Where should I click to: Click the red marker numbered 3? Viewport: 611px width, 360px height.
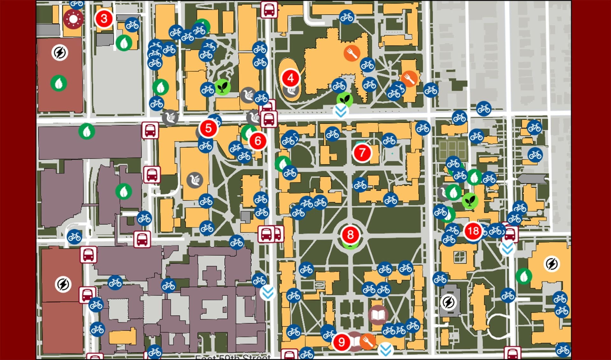[104, 19]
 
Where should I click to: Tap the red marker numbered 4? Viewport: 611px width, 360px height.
[290, 78]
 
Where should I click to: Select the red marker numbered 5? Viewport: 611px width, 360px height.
[208, 128]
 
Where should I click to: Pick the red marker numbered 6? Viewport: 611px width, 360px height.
[258, 141]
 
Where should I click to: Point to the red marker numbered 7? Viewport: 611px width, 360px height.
[362, 153]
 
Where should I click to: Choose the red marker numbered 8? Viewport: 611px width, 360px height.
[350, 235]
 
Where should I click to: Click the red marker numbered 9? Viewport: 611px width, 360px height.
[341, 342]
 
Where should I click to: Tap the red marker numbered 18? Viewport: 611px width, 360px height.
[473, 231]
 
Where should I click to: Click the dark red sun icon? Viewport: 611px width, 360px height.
[73, 19]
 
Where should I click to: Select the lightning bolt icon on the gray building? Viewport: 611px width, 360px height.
[448, 302]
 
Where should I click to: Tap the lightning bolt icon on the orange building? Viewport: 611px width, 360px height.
[551, 264]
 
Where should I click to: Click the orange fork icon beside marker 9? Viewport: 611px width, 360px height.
[367, 342]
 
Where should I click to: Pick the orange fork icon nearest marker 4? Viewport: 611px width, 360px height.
[352, 53]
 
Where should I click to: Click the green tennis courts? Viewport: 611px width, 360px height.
[452, 150]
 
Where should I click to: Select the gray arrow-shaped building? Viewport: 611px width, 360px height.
[532, 179]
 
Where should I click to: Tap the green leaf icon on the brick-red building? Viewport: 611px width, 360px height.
[59, 84]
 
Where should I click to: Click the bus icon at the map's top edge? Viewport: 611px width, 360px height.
[269, 10]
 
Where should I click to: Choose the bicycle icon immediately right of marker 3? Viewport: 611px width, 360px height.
[132, 25]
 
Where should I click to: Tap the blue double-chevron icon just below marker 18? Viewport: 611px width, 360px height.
[507, 248]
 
